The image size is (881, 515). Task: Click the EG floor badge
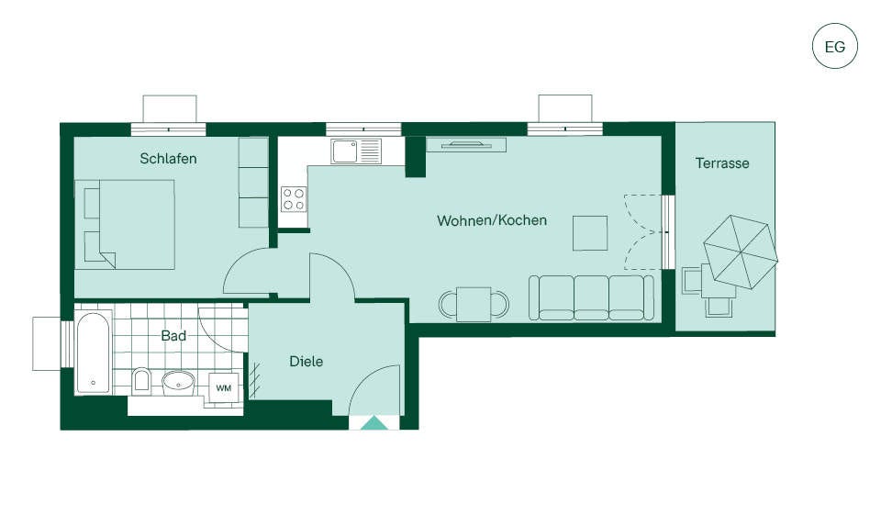tap(835, 46)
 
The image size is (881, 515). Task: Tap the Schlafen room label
tap(168, 159)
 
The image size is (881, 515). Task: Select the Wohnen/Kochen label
tap(492, 220)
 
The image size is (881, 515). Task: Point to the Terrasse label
tap(722, 163)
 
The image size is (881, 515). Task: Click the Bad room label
tap(173, 336)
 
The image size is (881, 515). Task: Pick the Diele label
tap(307, 361)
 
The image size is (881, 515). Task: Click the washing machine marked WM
tap(224, 388)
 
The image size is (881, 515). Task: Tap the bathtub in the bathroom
tap(94, 353)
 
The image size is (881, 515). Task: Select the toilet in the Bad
tap(141, 380)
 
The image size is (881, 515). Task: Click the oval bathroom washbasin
tap(179, 383)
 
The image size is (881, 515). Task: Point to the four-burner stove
tap(294, 199)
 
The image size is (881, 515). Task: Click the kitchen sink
tap(356, 151)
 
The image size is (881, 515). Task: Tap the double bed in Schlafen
tap(124, 224)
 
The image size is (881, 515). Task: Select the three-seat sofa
tap(591, 298)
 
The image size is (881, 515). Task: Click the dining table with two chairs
tap(474, 304)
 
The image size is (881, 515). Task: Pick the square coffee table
tap(590, 233)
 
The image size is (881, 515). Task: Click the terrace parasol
tap(741, 252)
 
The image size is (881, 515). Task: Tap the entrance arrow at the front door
tap(374, 423)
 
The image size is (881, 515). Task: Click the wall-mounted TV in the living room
tap(466, 145)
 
